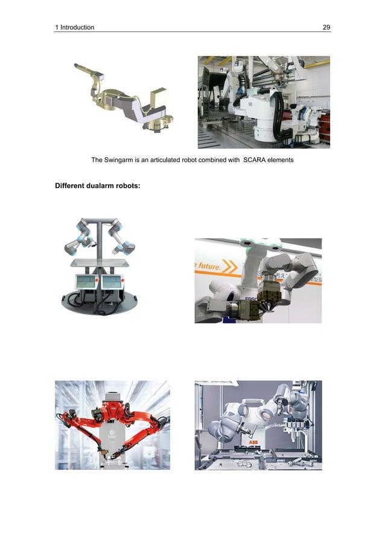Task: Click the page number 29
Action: point(326,27)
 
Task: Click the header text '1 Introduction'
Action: point(74,27)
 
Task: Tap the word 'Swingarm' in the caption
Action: point(121,160)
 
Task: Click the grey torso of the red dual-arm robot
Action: point(112,435)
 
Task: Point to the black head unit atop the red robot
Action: point(112,399)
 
